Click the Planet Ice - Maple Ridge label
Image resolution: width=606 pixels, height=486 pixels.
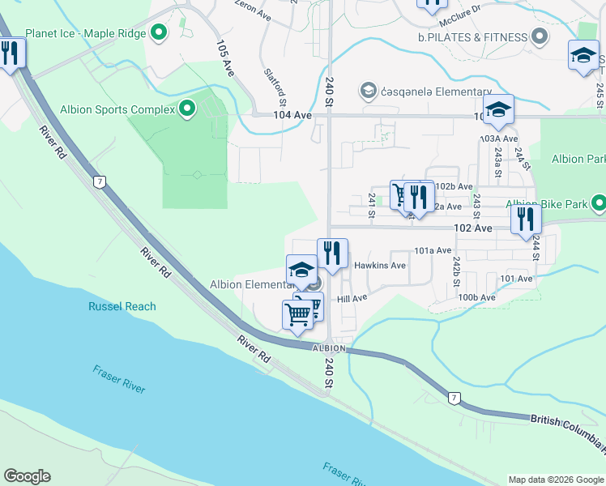[x=85, y=34]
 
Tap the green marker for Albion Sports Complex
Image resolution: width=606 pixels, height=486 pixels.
[x=188, y=109]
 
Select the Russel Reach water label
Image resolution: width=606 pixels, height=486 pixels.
[x=122, y=306]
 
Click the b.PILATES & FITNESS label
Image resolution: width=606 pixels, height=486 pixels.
[x=473, y=37]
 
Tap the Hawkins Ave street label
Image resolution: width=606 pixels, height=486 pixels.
[x=380, y=265]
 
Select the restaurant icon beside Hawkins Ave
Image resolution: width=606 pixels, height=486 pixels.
[x=332, y=253]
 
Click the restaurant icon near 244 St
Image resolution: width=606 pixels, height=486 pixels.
[x=526, y=219]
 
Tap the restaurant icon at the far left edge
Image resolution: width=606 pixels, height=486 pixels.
[x=10, y=53]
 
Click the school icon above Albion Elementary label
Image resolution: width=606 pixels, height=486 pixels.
[x=301, y=269]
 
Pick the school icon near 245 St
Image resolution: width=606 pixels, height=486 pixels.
[x=583, y=55]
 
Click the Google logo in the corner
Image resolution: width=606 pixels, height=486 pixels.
[x=27, y=476]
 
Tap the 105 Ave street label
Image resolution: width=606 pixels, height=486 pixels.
[x=225, y=58]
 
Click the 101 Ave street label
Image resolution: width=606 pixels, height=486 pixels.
[x=517, y=279]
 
